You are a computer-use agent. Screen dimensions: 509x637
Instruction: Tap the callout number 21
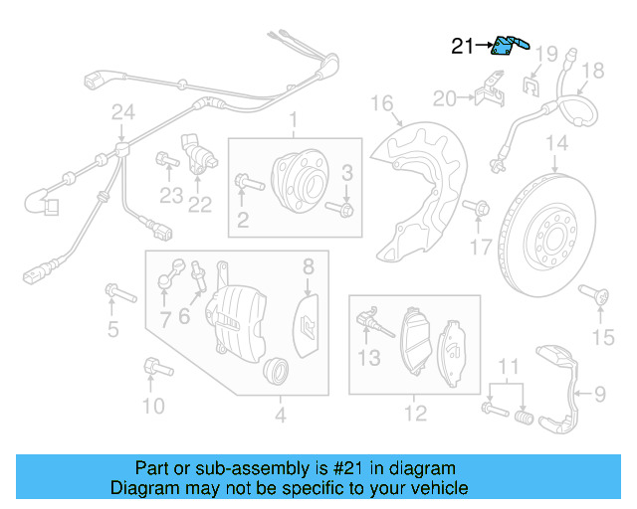[463, 46]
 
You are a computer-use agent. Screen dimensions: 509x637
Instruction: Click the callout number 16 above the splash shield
[383, 102]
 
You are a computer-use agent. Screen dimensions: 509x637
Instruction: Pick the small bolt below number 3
[344, 209]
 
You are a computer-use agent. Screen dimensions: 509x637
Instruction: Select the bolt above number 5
[118, 293]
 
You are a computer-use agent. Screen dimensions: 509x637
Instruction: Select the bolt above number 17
[480, 208]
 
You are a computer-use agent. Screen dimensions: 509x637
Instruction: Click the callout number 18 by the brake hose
[592, 71]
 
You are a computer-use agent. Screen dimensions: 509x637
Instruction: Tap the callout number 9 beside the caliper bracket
[599, 395]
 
